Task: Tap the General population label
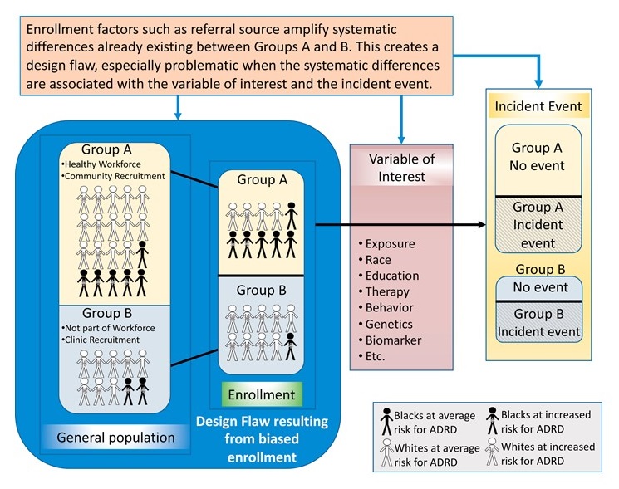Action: click(x=115, y=437)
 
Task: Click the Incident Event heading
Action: click(x=538, y=108)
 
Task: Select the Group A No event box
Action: click(x=538, y=157)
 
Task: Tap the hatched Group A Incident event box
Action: click(x=538, y=225)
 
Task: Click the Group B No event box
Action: click(x=538, y=287)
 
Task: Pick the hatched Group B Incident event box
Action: click(x=538, y=323)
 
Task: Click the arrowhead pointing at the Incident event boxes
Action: click(x=480, y=225)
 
